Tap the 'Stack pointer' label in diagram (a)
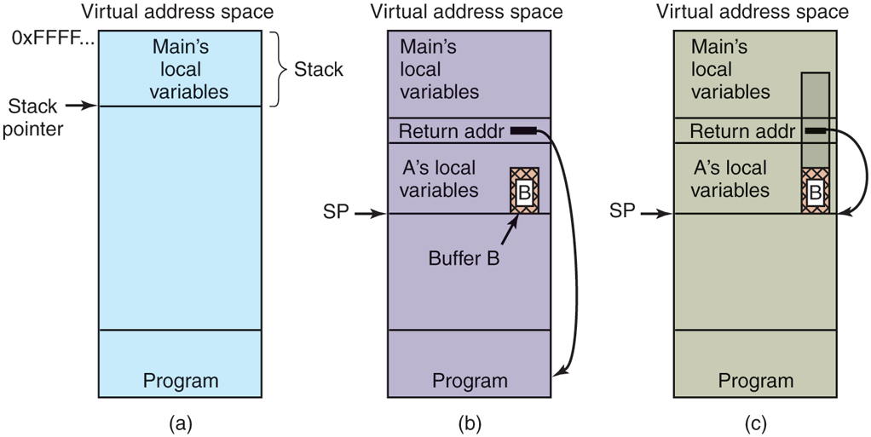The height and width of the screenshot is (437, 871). coord(33,118)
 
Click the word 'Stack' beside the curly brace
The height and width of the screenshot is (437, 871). coord(318,70)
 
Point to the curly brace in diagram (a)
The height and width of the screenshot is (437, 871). coord(278,70)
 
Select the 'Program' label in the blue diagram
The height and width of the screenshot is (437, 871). coord(181,381)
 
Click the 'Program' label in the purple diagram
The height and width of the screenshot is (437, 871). coord(470,381)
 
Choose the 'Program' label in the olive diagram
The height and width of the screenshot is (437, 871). coord(755,381)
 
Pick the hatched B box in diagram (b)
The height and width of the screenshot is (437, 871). coord(523,191)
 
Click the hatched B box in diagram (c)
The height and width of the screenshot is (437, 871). coord(815,191)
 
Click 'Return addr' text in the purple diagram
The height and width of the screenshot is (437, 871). coord(451,131)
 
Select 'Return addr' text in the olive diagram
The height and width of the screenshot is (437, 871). coord(741,131)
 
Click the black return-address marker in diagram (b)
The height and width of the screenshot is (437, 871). coord(522,131)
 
